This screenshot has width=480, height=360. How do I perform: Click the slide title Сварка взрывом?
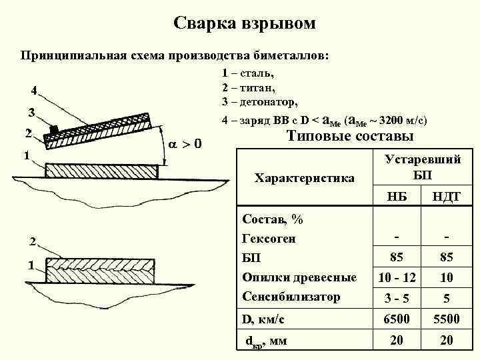pos(245,24)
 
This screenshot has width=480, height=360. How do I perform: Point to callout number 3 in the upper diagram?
pos(31,111)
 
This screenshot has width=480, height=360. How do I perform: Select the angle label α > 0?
pos(185,144)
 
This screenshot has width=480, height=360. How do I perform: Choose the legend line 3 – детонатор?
pos(260,102)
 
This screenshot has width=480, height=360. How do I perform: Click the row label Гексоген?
pos(269,238)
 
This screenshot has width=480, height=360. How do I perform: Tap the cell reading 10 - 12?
pos(397,277)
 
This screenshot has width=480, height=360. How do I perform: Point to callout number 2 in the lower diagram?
pos(31,241)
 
